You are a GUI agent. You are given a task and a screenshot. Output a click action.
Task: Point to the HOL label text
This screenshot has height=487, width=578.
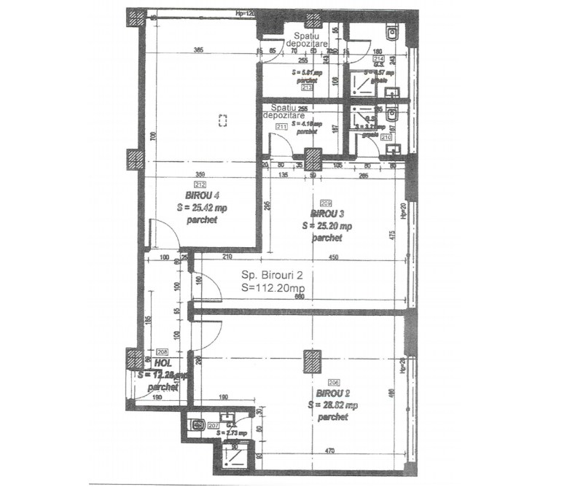[163, 362]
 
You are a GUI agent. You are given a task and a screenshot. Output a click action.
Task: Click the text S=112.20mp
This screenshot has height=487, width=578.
[273, 288]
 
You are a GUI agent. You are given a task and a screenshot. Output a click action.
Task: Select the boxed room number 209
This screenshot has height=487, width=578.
[326, 203]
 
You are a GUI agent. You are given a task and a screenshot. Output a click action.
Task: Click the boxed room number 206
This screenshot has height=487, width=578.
[334, 383]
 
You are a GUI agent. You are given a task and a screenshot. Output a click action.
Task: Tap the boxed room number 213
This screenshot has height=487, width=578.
[306, 87]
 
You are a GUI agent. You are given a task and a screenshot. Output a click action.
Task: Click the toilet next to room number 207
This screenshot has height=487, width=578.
[196, 424]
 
